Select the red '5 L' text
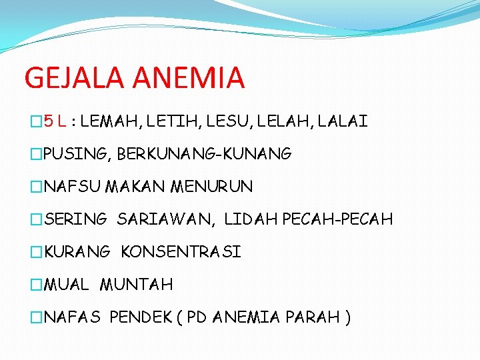click(x=54, y=122)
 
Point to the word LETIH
click(x=158, y=122)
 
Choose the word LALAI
click(x=343, y=122)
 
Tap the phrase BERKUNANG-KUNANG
click(x=204, y=155)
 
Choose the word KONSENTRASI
click(x=181, y=252)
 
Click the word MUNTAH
click(x=136, y=285)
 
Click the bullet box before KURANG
click(x=37, y=252)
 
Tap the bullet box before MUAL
click(x=37, y=285)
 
